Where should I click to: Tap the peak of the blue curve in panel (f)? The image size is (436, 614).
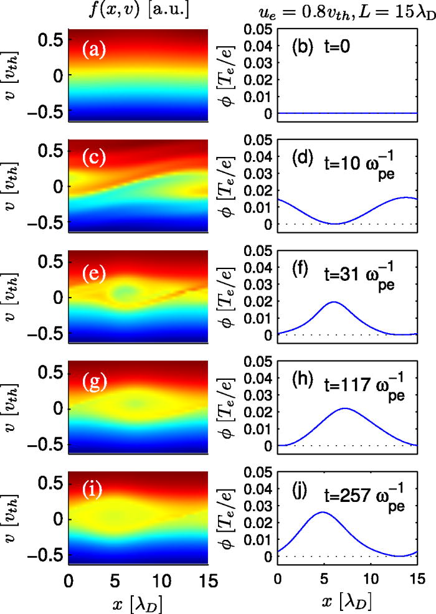click(334, 302)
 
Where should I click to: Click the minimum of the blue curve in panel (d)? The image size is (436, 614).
click(335, 224)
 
